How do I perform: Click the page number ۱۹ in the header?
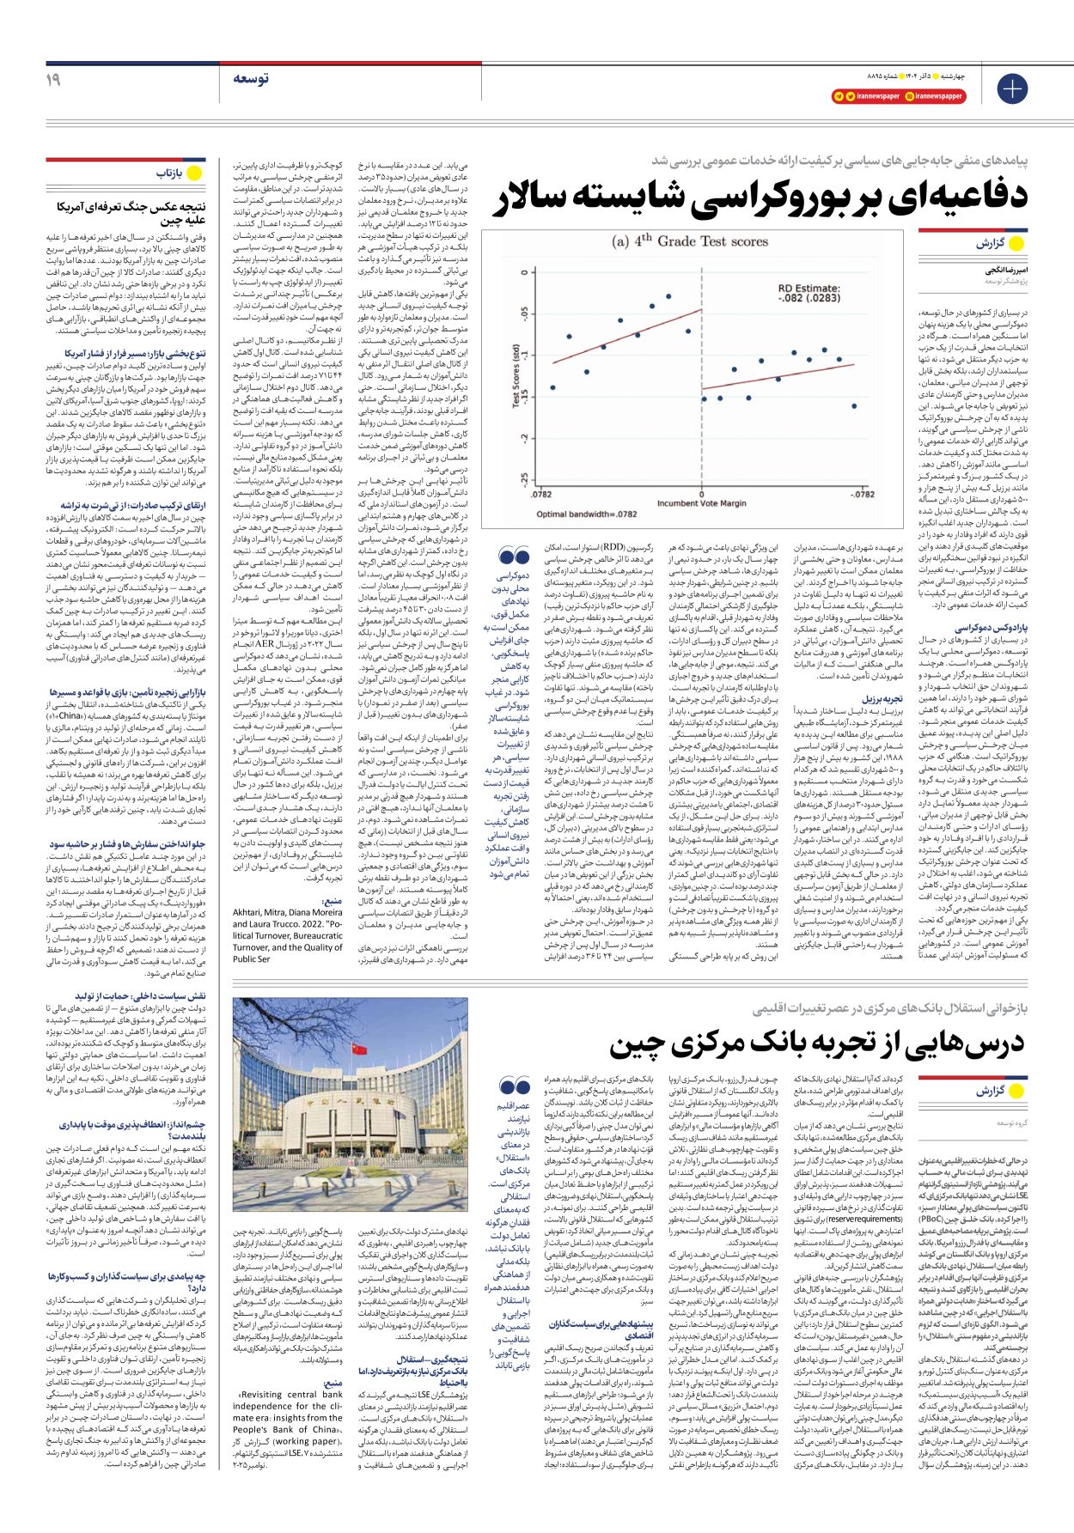53,79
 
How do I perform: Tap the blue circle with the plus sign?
1012,88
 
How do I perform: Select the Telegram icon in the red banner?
839,96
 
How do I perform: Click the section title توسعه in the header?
250,78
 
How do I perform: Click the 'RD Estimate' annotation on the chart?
809,294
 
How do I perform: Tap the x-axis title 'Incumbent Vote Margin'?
702,503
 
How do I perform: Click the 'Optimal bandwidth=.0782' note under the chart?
587,514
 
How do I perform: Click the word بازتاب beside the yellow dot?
169,173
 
